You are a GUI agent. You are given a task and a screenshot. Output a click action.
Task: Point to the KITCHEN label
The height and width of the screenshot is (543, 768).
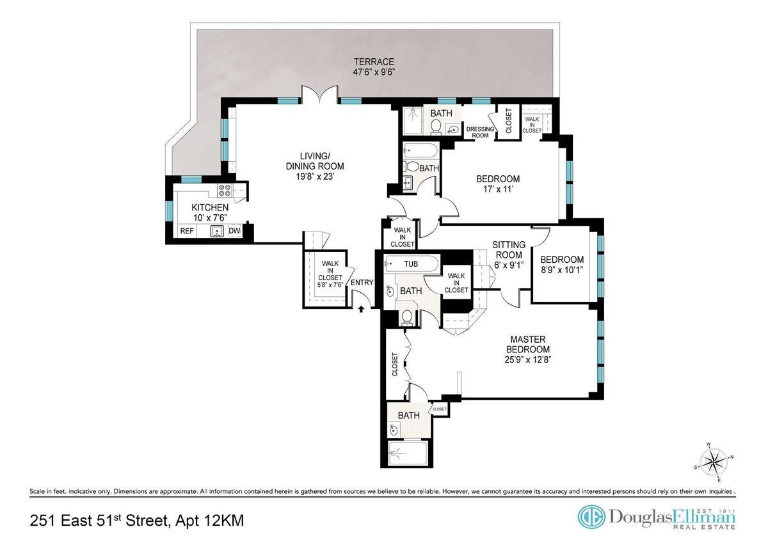(210, 208)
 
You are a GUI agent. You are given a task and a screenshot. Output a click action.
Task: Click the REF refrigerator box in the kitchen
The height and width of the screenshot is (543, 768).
(186, 231)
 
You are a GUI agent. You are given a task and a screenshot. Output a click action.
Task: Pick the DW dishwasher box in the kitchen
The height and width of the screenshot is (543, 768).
(234, 231)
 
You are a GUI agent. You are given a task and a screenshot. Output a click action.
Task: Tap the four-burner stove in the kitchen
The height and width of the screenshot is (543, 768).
(225, 190)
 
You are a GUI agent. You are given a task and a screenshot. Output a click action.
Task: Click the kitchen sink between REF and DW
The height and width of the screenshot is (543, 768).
(218, 231)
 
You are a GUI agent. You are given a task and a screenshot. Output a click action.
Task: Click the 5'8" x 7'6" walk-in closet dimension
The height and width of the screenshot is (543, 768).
(331, 285)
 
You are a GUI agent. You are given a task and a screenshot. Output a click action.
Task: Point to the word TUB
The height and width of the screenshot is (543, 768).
(412, 263)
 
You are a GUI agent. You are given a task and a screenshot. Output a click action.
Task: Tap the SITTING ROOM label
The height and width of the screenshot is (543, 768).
(509, 249)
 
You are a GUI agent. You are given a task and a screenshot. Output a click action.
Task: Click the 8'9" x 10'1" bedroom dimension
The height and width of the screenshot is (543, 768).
(562, 269)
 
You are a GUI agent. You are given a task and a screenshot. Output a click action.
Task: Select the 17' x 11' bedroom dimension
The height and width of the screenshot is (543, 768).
(497, 189)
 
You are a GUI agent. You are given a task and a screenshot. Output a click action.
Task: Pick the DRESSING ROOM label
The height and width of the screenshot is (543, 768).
(480, 132)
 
